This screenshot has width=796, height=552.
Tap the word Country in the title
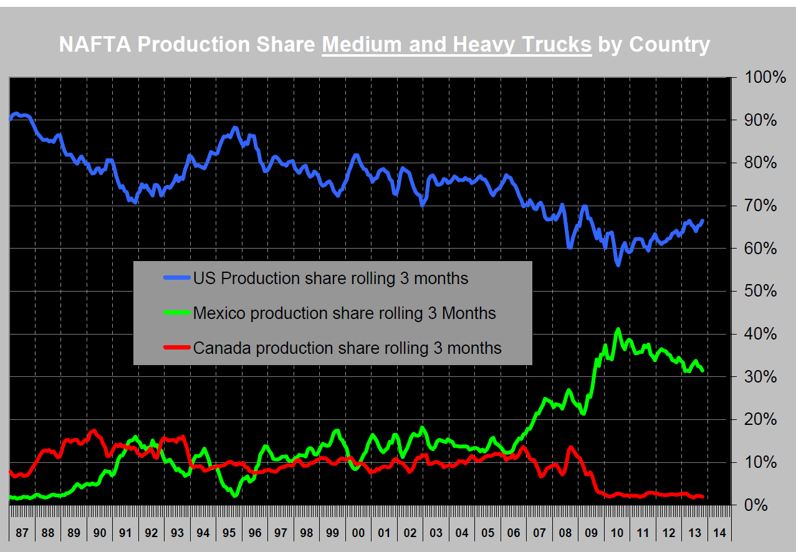click(x=669, y=45)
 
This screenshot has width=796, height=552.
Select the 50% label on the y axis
click(x=757, y=292)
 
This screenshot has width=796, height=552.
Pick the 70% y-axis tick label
click(x=757, y=206)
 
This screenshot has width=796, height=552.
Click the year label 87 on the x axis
click(x=22, y=533)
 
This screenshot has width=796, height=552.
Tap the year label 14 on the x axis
click(x=719, y=533)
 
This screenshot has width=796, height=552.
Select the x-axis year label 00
click(x=358, y=533)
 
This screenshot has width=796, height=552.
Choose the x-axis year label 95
click(x=229, y=533)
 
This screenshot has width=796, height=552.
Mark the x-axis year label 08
click(x=565, y=533)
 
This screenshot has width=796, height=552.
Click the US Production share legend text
click(x=330, y=278)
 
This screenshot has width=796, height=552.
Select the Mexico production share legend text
click(x=344, y=313)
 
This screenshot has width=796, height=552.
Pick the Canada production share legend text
click(x=347, y=348)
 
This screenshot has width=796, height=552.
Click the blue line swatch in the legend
click(x=176, y=278)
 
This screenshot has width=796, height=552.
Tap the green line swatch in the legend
click(x=176, y=313)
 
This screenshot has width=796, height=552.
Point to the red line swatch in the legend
click(x=176, y=348)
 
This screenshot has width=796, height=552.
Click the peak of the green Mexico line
click(x=618, y=330)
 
